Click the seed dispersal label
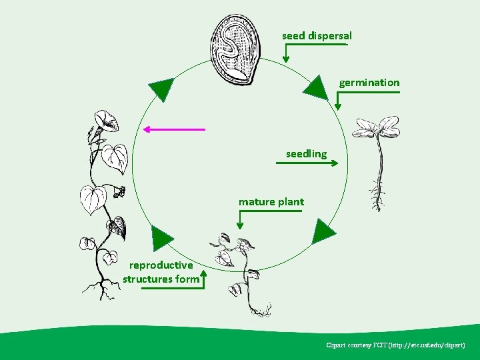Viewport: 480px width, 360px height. (x=317, y=35)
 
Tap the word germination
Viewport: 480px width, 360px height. (x=369, y=83)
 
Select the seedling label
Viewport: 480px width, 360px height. (x=306, y=154)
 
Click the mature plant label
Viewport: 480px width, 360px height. (x=271, y=201)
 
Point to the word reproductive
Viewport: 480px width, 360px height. (x=161, y=265)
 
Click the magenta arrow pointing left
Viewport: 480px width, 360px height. (x=173, y=129)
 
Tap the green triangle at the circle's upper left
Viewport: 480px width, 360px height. (x=161, y=88)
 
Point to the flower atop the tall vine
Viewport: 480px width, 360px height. (x=105, y=121)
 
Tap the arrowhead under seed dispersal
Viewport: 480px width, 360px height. (x=286, y=59)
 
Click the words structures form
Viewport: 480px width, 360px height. (x=161, y=279)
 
